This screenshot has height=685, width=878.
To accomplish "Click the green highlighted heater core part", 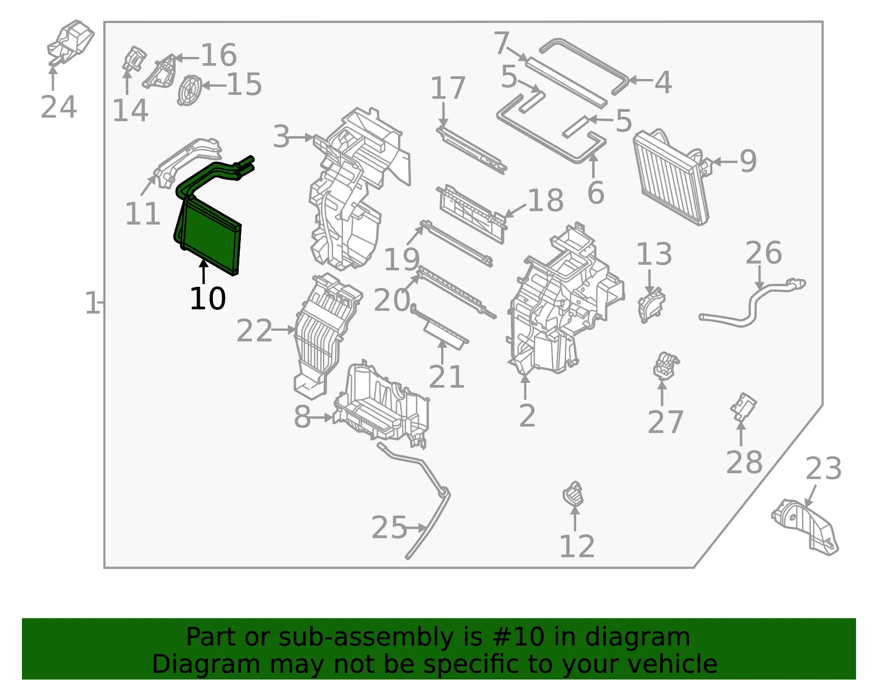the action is coord(210,234).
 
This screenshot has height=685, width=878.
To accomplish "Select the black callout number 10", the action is coord(207,299).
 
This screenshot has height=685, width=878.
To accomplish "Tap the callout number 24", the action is coord(59,107).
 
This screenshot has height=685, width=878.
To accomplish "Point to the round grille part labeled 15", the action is coord(189,90).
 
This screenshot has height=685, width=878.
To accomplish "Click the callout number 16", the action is coord(218,55).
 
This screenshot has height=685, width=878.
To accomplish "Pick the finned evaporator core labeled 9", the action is coord(670,178).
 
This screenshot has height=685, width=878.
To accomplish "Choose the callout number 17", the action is coord(448,88).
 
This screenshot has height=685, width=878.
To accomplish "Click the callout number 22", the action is coord(254,331).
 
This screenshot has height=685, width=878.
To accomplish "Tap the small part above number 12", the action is coord(574,493).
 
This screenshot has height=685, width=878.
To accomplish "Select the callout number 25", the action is coord(389,527).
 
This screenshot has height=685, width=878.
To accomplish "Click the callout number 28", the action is coord(744,462).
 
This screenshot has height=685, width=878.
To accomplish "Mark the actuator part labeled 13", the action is coord(651,305).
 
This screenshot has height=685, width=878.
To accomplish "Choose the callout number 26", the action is coord(763,253).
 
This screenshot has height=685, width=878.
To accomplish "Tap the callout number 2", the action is coord(527,415).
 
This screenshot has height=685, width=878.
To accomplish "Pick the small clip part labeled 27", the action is coord(666,366).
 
